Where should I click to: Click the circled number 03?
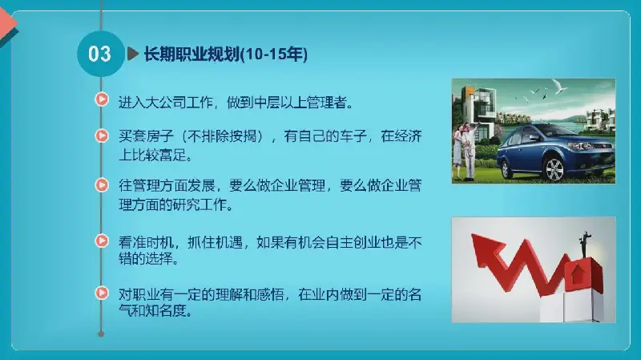pos(100,54)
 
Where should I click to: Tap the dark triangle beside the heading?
pos(133,54)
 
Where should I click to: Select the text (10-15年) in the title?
pos(274,55)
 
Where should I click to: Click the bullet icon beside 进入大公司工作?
pos(102,99)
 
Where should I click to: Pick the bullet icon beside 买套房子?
pos(102,136)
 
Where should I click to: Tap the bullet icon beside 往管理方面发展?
pos(102,185)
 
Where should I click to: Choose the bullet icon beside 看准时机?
pos(102,241)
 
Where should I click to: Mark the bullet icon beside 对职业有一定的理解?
pos(102,293)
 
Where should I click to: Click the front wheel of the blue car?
pos(554,169)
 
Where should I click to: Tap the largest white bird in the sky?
pos(558,86)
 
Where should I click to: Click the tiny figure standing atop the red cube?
pos(585,245)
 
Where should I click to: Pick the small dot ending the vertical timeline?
pos(101,334)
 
